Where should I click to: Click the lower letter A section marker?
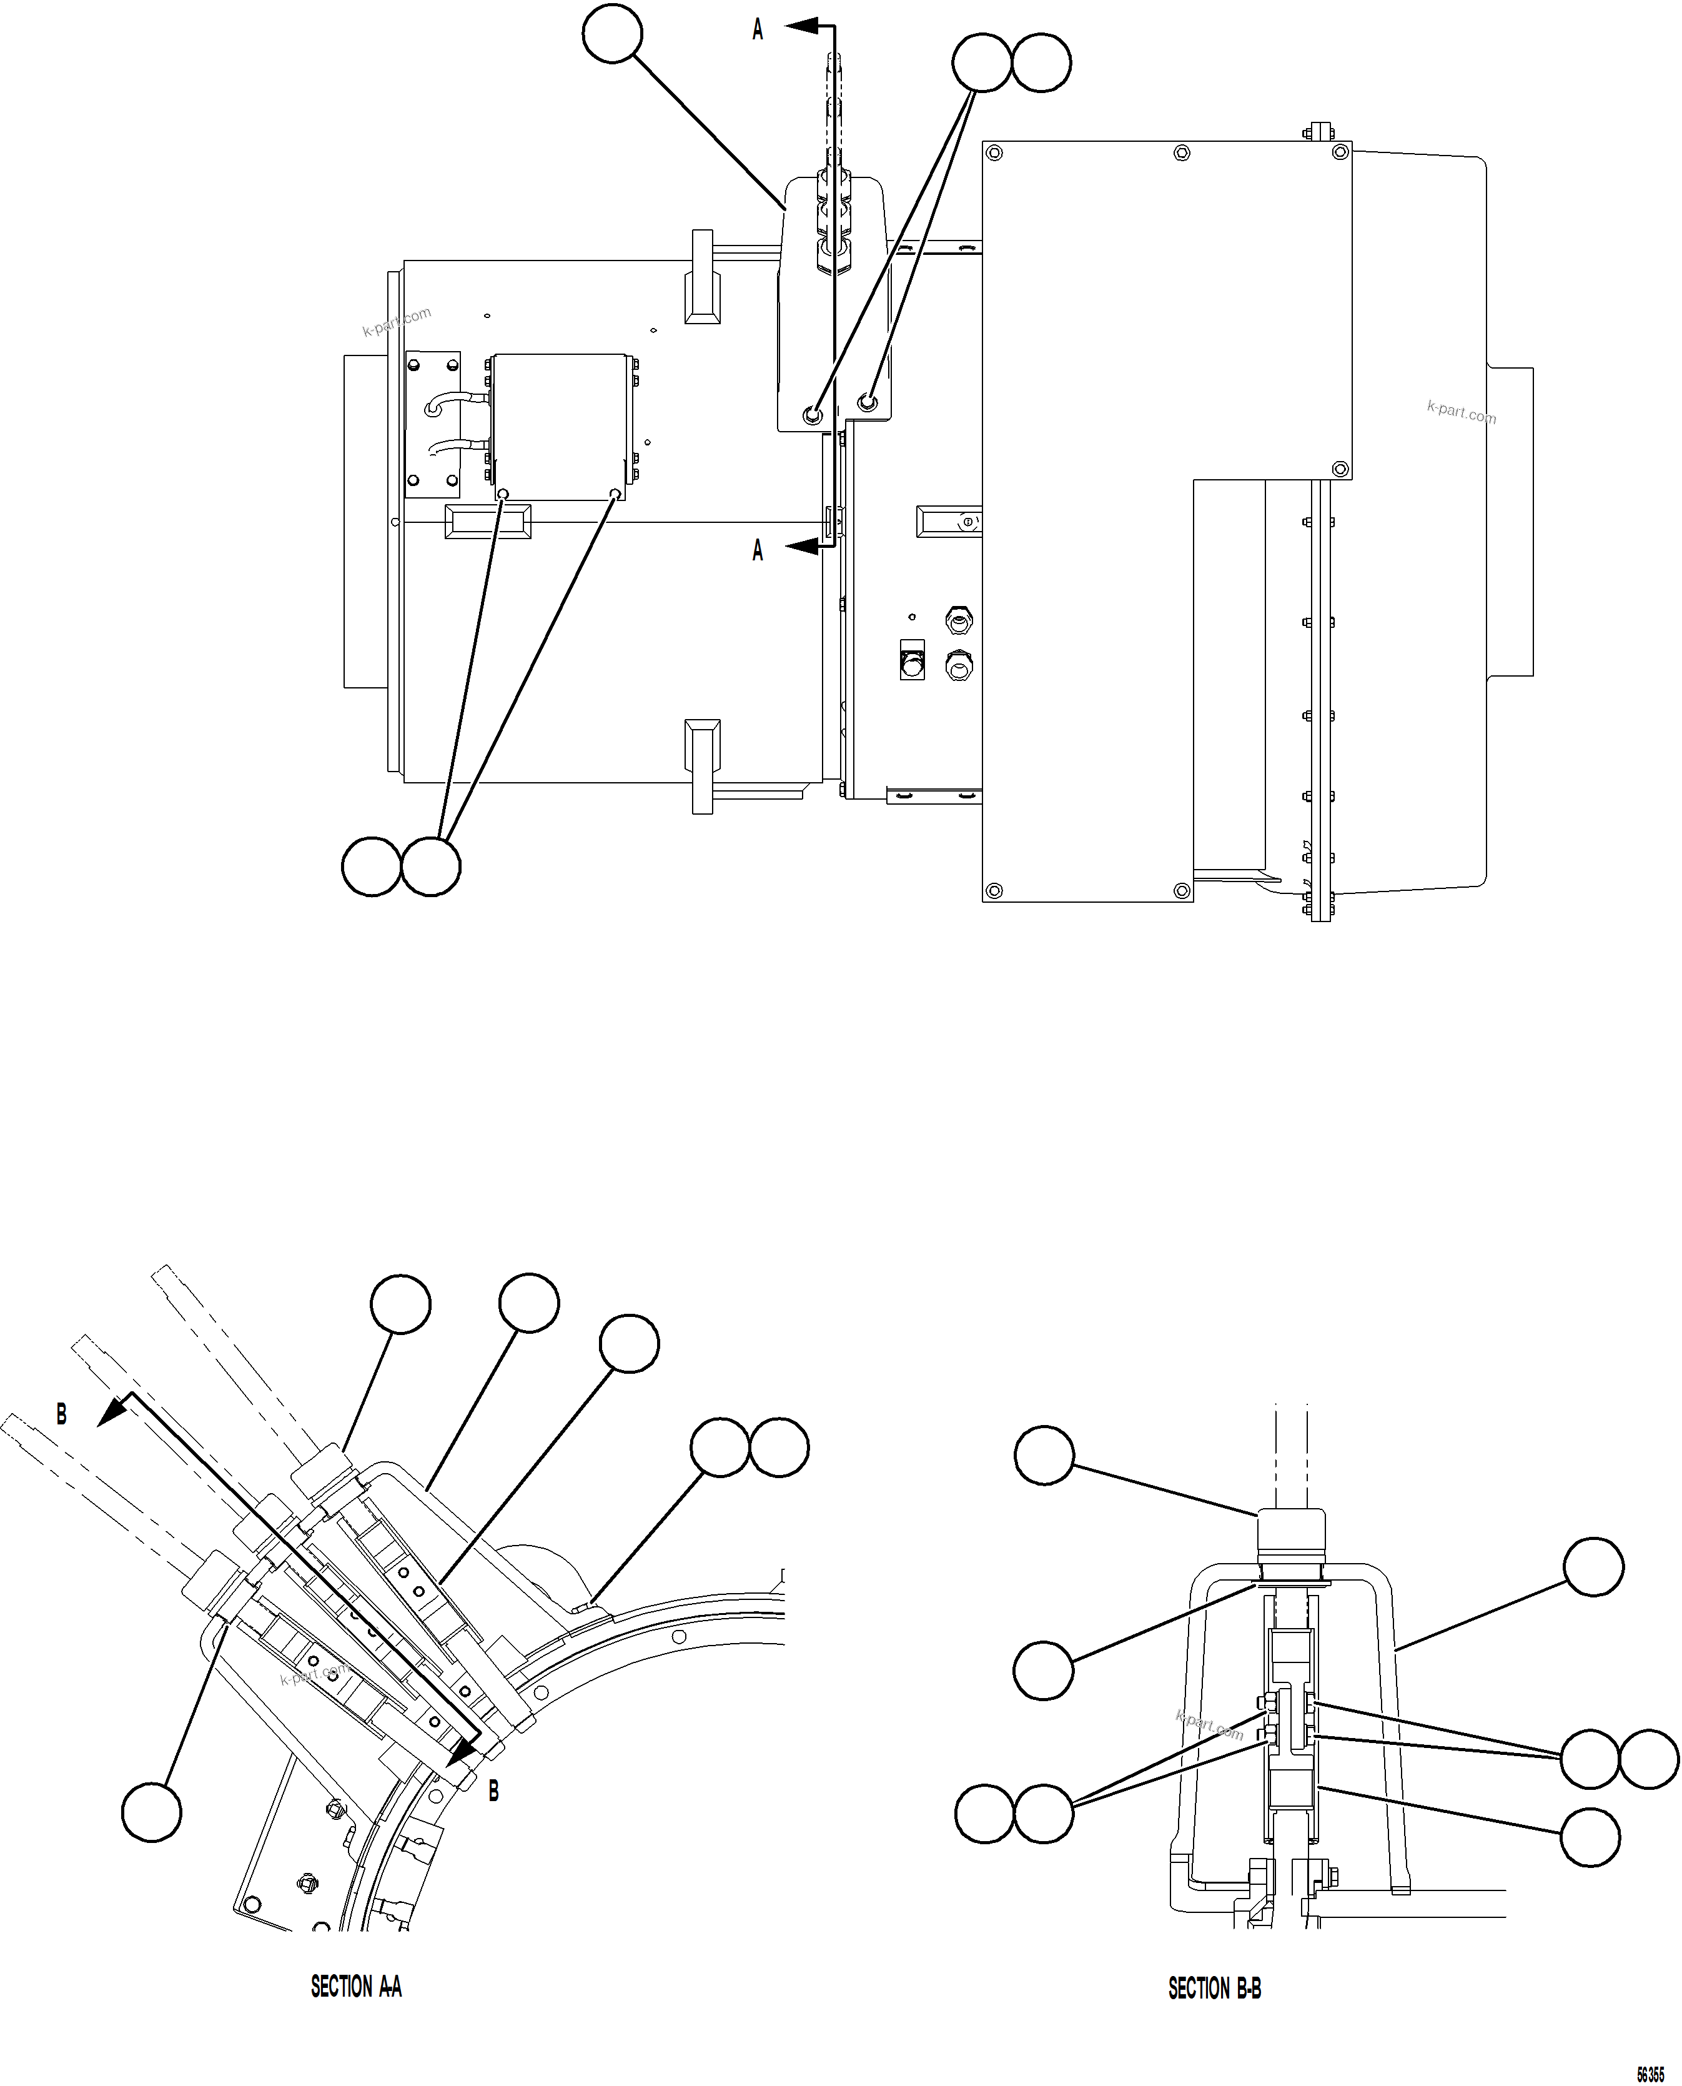pos(758,550)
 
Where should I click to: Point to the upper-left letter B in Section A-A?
pos(62,1414)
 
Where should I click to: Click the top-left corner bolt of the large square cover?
pos(992,152)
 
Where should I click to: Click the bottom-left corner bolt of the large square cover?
pos(992,890)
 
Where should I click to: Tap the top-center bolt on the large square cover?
pos(1181,152)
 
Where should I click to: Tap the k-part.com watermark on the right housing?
pos(1461,413)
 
